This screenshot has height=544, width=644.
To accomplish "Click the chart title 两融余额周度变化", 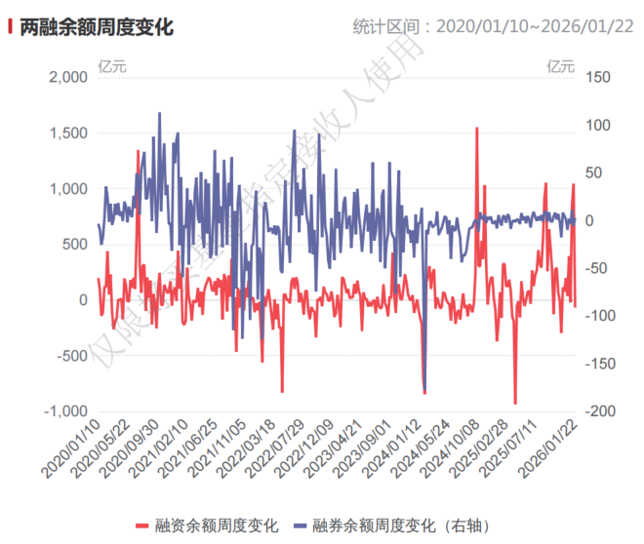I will pyautogui.click(x=97, y=27).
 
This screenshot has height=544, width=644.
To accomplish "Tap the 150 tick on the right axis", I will pyautogui.click(x=596, y=77).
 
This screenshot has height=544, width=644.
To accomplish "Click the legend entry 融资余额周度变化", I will pyautogui.click(x=207, y=525).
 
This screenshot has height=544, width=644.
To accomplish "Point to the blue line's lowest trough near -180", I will pyautogui.click(x=424, y=389).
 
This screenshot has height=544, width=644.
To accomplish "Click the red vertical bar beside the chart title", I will pyautogui.click(x=11, y=27).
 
